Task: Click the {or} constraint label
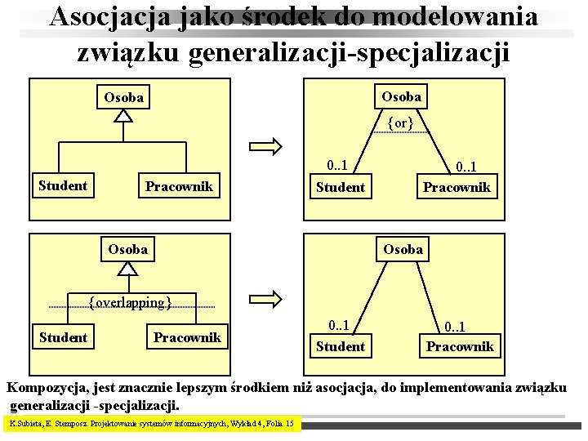click(x=400, y=123)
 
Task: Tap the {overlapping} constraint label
click(x=131, y=303)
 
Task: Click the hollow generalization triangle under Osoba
click(x=122, y=115)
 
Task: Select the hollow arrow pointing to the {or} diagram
click(x=266, y=146)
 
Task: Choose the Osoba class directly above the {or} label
click(x=402, y=96)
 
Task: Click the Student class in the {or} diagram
click(x=341, y=187)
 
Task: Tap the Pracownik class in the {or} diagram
click(x=456, y=187)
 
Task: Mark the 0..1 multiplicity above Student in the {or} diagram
click(x=336, y=166)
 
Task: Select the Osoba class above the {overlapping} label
click(x=128, y=249)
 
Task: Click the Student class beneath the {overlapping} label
click(x=63, y=337)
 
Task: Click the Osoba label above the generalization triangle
click(x=124, y=98)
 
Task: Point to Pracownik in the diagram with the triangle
click(x=179, y=186)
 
